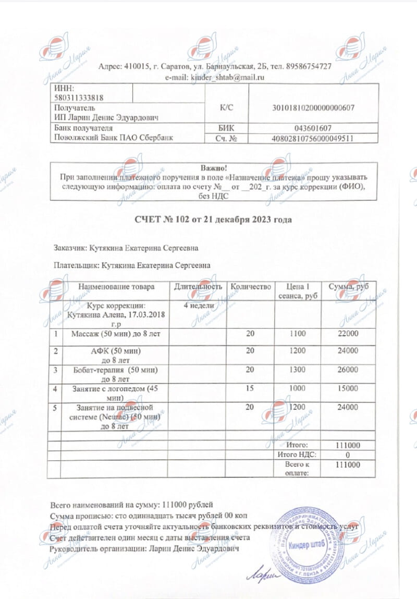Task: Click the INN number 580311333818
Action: pos(78,96)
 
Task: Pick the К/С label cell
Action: pos(227,107)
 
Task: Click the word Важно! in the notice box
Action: pos(214,168)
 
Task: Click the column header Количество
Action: pos(251,287)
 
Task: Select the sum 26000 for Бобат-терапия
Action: pos(348,370)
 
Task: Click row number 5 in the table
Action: pos(55,407)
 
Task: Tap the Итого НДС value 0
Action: pos(348,454)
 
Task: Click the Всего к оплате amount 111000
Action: pos(348,464)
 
